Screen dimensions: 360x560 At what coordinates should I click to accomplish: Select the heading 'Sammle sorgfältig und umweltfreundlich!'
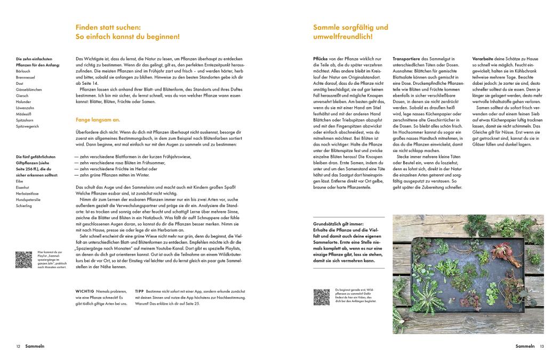click(x=350, y=32)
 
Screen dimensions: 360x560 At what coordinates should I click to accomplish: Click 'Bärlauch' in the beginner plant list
click(x=23, y=70)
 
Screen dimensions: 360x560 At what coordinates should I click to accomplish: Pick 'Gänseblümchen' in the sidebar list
click(x=29, y=89)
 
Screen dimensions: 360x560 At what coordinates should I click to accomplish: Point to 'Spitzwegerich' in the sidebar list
click(x=28, y=126)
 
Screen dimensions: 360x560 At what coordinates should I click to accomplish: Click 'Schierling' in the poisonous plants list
click(x=25, y=205)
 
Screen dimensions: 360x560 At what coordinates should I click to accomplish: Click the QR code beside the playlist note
click(x=23, y=259)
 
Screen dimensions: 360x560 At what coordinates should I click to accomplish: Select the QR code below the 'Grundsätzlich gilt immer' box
click(x=321, y=297)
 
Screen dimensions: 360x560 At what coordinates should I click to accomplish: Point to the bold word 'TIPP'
click(x=140, y=291)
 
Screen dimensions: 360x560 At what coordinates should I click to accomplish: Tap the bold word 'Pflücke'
click(x=323, y=58)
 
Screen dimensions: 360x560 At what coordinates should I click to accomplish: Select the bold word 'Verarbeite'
click(x=484, y=58)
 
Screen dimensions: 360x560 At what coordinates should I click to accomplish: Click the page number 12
click(x=18, y=346)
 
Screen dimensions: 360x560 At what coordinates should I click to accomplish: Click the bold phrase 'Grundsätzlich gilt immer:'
click(x=339, y=224)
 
